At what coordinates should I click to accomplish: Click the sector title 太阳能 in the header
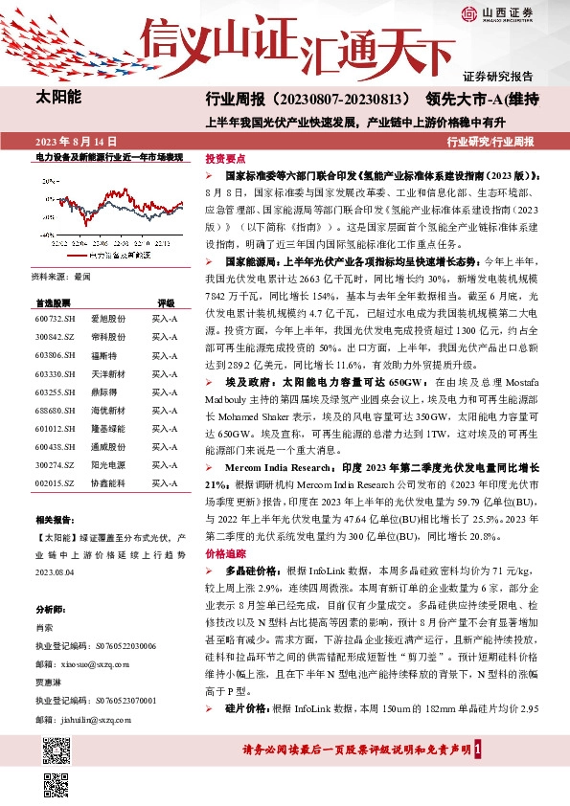tap(58, 98)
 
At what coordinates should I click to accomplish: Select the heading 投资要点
tap(226, 158)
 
